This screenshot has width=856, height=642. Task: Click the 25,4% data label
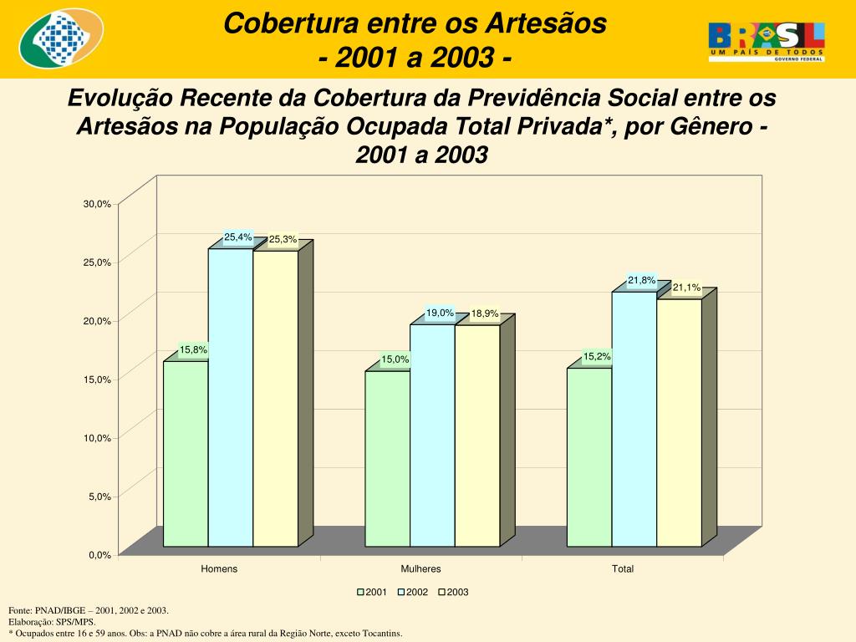tap(237, 237)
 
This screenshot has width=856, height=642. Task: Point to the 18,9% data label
tap(485, 314)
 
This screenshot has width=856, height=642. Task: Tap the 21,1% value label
tap(686, 288)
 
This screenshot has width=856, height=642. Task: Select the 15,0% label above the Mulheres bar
tap(395, 359)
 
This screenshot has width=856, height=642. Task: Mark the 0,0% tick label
tap(99, 554)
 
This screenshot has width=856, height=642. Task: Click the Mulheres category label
tap(420, 569)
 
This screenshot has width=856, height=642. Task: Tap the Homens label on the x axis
tap(219, 569)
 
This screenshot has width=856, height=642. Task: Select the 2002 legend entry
tap(412, 592)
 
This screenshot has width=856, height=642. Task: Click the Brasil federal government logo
tap(767, 41)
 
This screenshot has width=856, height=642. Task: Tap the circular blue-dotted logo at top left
tap(60, 40)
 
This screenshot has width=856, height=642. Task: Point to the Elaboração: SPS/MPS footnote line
tap(52, 622)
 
